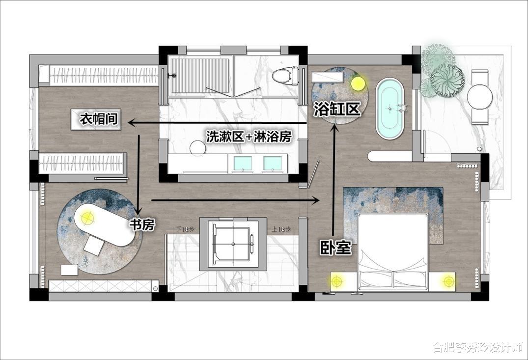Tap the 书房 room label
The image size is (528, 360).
click(142, 224)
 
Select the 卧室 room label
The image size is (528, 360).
click(335, 248)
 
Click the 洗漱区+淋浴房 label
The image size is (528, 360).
click(249, 137)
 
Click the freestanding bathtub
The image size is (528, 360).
click(389, 109)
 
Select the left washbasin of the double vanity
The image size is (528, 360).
click(243, 163)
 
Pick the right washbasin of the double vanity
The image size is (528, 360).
click(273, 163)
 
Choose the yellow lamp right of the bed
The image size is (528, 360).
click(448, 281)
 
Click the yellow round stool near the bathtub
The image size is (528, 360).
click(358, 83)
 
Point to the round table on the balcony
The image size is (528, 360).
click(480, 96)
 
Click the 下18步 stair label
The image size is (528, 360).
click(185, 229)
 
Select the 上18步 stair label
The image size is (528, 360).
click(281, 229)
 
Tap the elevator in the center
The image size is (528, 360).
click(233, 244)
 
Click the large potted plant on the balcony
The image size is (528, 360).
click(447, 81)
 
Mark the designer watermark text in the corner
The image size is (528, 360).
click(477, 347)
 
